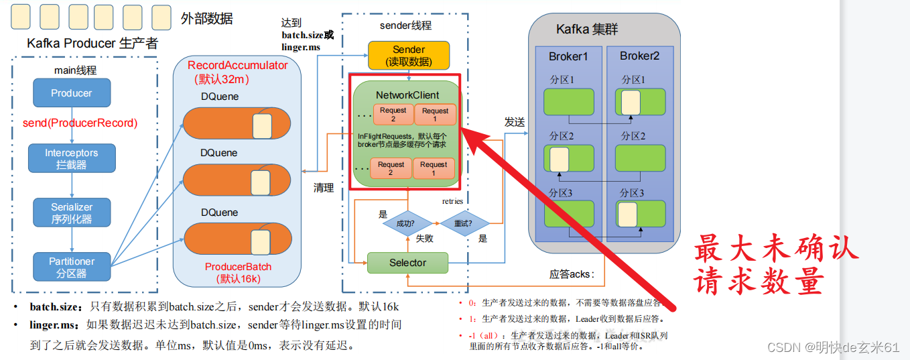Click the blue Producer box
point(71,93)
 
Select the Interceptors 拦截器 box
point(71,158)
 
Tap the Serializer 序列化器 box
point(71,213)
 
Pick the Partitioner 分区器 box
point(71,267)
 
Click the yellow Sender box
point(409,56)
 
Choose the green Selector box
point(407,263)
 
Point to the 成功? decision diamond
point(405,223)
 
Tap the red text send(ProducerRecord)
point(80,123)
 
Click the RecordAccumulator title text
point(237,65)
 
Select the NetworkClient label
point(407,95)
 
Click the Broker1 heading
point(568,56)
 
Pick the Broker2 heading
point(639,56)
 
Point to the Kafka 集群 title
point(587,29)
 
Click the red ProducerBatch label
point(238,267)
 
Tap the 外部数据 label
point(206,19)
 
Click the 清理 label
point(324,188)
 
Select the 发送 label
point(514,123)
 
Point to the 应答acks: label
point(572,274)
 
